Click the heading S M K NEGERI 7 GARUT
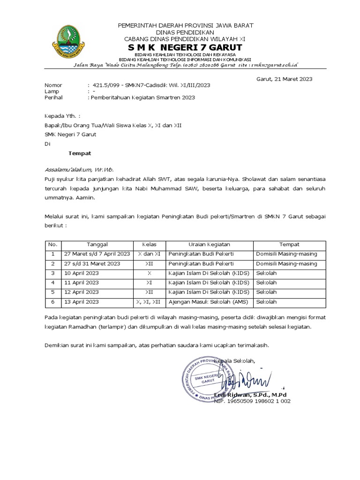pos(186,48)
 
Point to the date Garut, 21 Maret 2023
pos(284,79)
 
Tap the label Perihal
pos(53,98)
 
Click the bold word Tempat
pos(80,153)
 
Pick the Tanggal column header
pos(97,244)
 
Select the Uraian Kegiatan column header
pos(209,244)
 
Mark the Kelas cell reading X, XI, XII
pos(149,302)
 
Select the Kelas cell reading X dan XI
pos(149,254)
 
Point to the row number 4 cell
pos(53,283)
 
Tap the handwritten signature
pos(248,378)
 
